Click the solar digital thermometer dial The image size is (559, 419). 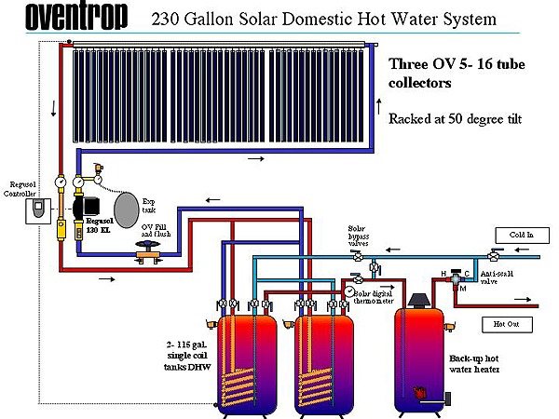(x=348, y=291)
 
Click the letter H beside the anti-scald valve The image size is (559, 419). (x=444, y=273)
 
